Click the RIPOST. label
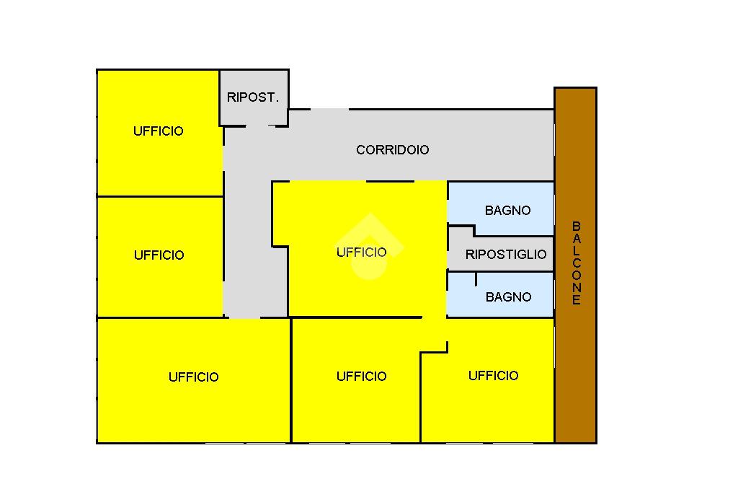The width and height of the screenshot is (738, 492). click(x=253, y=97)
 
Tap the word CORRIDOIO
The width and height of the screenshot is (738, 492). click(x=393, y=150)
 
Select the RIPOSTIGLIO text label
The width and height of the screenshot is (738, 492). click(x=506, y=255)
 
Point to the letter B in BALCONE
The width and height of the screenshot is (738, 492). click(x=577, y=227)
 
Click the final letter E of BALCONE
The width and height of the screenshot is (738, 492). click(x=577, y=301)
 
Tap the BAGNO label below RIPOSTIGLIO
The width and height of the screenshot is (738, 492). click(x=509, y=297)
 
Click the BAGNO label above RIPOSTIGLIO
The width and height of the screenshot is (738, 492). click(x=507, y=211)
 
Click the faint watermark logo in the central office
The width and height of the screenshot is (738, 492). click(x=370, y=245)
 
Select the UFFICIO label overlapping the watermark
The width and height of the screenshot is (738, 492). click(x=362, y=252)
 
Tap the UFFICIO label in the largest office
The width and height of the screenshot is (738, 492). click(x=193, y=377)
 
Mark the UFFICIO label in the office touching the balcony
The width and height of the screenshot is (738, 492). click(x=493, y=376)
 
